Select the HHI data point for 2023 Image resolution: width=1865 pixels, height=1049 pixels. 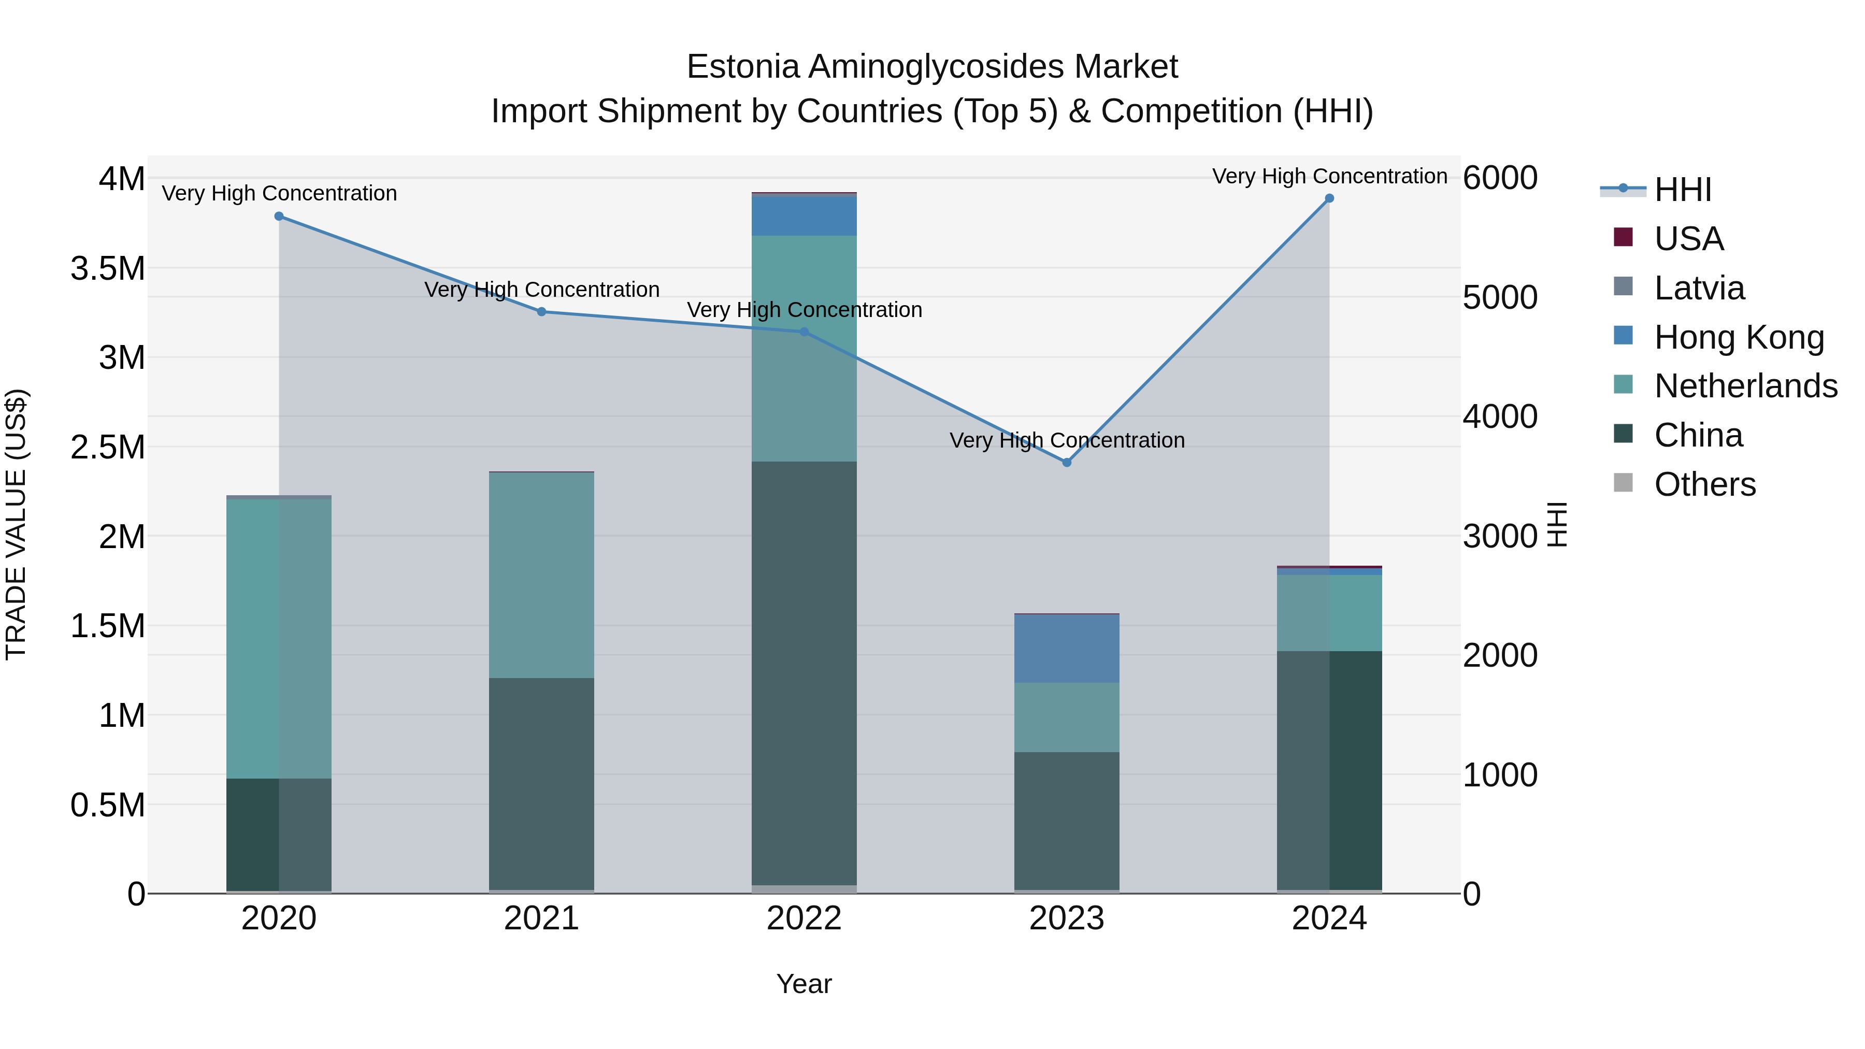1067,462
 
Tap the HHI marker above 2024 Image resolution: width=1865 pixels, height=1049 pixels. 1329,198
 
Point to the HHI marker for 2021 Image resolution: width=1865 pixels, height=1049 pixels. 541,312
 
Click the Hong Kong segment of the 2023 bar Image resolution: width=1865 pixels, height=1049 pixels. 1067,649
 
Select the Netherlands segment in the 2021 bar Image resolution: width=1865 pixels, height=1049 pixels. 541,576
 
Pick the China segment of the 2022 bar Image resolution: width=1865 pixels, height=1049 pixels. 804,673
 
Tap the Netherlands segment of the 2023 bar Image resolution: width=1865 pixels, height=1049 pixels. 1067,717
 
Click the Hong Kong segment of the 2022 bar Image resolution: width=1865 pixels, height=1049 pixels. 804,215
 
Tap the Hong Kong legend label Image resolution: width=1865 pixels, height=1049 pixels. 1738,337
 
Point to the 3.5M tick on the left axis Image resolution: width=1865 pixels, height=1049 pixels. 108,268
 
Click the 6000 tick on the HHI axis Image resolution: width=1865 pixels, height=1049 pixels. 1499,178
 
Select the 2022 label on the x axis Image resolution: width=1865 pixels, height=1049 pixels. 804,918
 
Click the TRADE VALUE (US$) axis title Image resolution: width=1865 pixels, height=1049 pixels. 16,524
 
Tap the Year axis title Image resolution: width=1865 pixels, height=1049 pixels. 804,984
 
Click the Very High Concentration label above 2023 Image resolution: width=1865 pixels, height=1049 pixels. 1067,440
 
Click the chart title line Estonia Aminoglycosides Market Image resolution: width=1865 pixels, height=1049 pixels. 932,67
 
